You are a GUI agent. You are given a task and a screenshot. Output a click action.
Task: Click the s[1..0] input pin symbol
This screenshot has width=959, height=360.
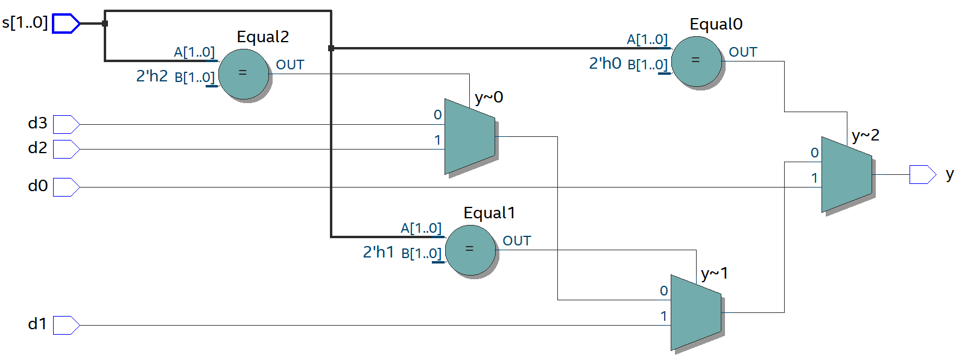[66, 24]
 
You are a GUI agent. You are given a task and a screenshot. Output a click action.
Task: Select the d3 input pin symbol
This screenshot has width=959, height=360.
[66, 124]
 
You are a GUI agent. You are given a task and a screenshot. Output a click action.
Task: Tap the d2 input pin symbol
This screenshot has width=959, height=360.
[66, 149]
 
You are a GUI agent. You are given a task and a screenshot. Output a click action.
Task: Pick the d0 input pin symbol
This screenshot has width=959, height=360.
[66, 187]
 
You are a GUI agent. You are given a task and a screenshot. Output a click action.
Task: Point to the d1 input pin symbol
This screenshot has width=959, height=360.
[66, 325]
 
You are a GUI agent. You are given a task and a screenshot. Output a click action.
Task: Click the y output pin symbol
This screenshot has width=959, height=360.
[922, 174]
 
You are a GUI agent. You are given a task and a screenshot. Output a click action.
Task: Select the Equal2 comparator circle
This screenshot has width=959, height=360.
[243, 74]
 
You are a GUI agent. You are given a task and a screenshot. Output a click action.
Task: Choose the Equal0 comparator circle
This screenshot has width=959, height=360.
[696, 61]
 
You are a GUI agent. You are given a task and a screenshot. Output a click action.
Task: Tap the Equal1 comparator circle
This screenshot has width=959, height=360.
[470, 250]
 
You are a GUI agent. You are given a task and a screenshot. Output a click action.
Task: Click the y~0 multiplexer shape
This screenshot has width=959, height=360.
[469, 136]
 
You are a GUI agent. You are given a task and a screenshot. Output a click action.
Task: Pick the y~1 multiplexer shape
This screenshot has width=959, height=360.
[695, 312]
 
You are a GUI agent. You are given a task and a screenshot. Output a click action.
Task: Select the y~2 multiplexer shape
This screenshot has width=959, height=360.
[846, 174]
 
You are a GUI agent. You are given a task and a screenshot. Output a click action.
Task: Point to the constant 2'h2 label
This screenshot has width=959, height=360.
[152, 76]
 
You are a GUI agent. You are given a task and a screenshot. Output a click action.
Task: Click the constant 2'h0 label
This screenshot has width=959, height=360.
[605, 63]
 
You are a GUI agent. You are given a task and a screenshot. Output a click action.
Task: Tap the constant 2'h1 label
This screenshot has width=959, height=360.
[378, 252]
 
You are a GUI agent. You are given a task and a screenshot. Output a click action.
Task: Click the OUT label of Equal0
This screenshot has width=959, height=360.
[742, 52]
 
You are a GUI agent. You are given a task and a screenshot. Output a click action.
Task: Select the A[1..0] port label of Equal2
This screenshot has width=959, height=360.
[194, 52]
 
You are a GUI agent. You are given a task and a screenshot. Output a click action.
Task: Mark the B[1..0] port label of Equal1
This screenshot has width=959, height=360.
[421, 253]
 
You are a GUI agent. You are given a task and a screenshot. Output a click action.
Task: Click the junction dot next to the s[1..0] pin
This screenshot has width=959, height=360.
[105, 24]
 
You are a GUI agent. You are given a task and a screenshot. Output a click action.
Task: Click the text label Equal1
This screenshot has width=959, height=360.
[489, 213]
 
